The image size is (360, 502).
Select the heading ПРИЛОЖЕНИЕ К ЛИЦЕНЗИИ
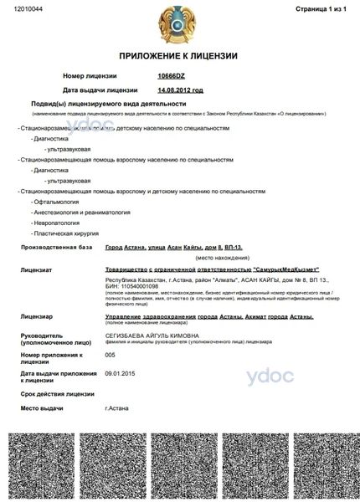[x=177, y=55]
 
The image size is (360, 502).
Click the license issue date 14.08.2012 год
[x=180, y=90]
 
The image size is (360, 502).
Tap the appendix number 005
[x=110, y=355]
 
